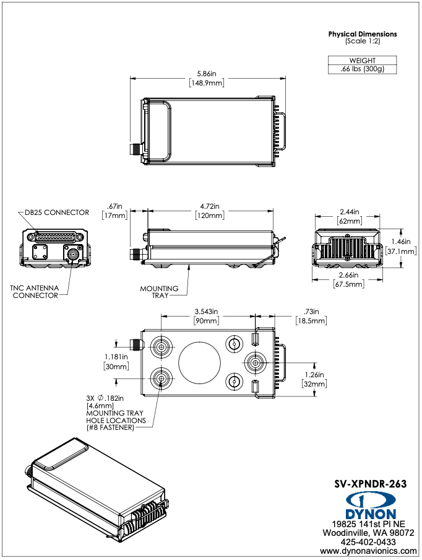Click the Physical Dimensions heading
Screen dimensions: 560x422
pyautogui.click(x=363, y=34)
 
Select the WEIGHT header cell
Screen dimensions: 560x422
pyautogui.click(x=363, y=61)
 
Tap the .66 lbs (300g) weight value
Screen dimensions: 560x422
pyautogui.click(x=363, y=69)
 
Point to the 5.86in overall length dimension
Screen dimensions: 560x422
pyautogui.click(x=207, y=74)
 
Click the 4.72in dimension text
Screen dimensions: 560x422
pyautogui.click(x=210, y=206)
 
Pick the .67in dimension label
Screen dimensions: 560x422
pyautogui.click(x=116, y=206)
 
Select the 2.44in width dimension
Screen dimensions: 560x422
pyautogui.click(x=350, y=212)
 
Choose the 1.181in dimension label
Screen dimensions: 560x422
pyautogui.click(x=115, y=357)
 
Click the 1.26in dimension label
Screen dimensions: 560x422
pyautogui.click(x=314, y=374)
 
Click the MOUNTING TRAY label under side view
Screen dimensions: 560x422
pyautogui.click(x=159, y=292)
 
